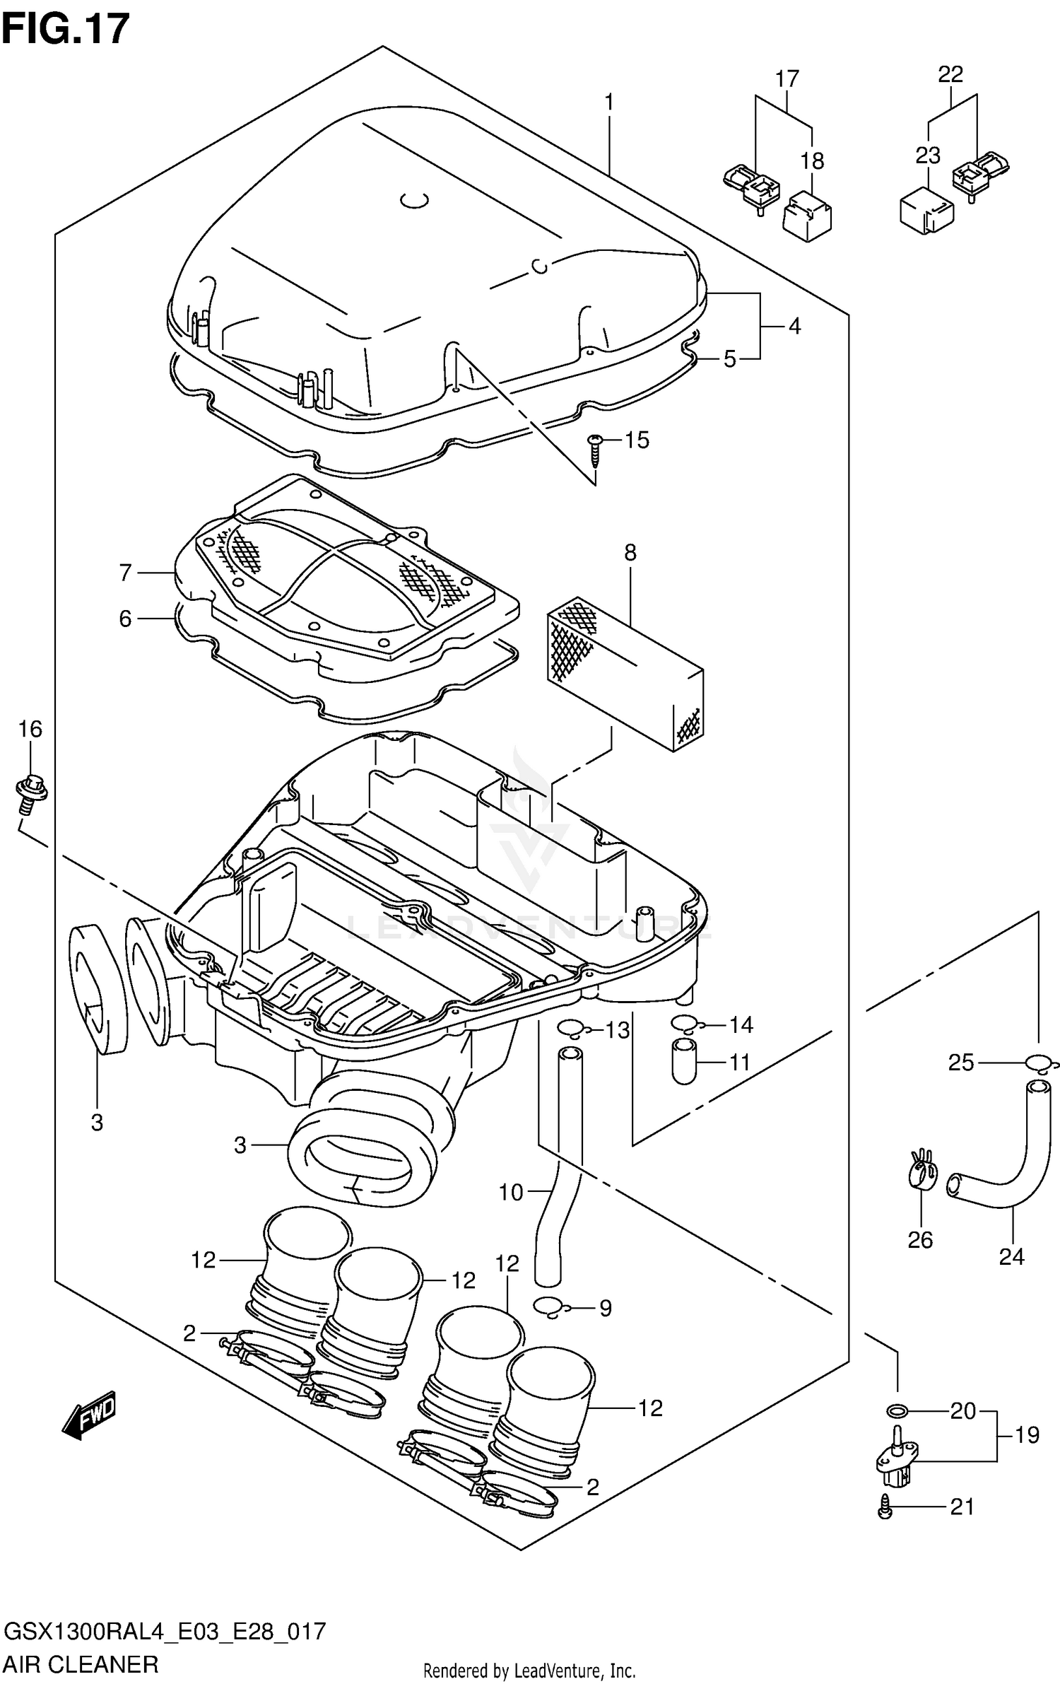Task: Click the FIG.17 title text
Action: [x=66, y=29]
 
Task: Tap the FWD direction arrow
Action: [x=89, y=1415]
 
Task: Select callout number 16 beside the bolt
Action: [x=30, y=729]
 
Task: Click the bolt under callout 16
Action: [x=30, y=791]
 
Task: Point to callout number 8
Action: [x=630, y=553]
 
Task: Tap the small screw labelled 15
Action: [x=594, y=450]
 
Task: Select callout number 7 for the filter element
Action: [x=125, y=573]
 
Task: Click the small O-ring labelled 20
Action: [x=896, y=1411]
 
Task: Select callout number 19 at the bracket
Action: [x=1027, y=1434]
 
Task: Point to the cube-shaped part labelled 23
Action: [x=926, y=210]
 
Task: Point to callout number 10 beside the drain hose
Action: [x=511, y=1192]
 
